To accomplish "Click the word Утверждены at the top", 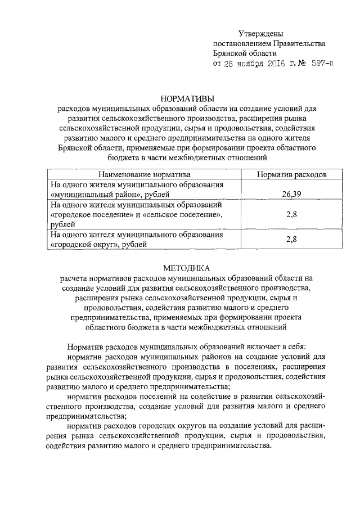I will [x=260, y=34].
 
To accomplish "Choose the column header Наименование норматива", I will [x=141, y=174].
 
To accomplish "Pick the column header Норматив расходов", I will [x=291, y=174].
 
